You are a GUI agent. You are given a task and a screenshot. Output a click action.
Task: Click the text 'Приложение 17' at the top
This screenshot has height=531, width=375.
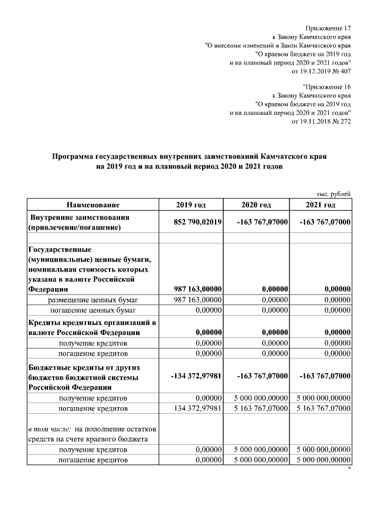(x=328, y=28)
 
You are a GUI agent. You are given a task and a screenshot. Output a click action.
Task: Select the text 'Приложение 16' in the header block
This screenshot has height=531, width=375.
(x=330, y=86)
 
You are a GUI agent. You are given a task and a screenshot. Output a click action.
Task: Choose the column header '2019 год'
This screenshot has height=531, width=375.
(x=191, y=205)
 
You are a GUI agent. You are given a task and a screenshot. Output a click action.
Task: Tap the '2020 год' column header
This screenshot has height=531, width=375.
(x=256, y=205)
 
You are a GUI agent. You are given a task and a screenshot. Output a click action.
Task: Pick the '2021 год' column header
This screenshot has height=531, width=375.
(x=321, y=205)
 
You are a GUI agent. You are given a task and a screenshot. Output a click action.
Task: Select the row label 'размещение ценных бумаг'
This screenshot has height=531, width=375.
(x=93, y=300)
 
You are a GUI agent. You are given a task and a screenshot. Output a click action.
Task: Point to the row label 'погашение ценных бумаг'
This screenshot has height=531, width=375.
(x=93, y=310)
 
